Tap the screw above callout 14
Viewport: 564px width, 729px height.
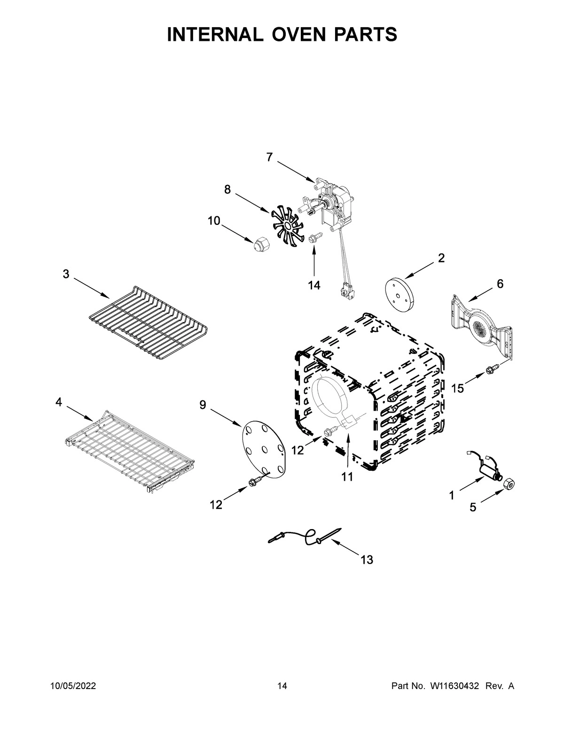pyautogui.click(x=314, y=238)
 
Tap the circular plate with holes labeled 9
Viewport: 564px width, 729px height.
pyautogui.click(x=264, y=448)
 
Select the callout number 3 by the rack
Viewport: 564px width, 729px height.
pyautogui.click(x=66, y=274)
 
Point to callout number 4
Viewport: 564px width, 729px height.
pyautogui.click(x=59, y=402)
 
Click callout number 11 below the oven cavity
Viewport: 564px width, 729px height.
pyautogui.click(x=347, y=477)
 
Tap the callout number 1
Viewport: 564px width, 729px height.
pyautogui.click(x=452, y=495)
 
